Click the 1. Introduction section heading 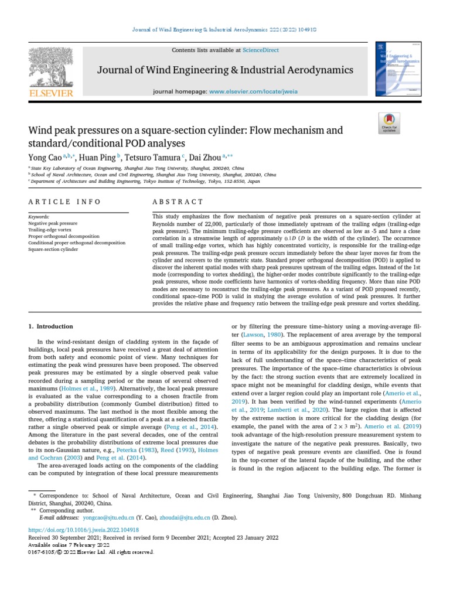51,326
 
